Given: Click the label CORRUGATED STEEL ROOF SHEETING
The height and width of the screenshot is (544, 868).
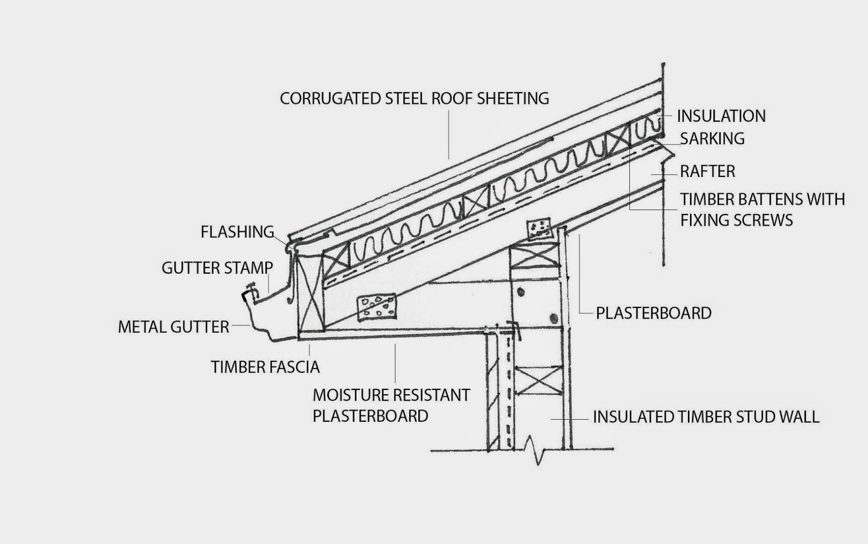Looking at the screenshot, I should pyautogui.click(x=414, y=98).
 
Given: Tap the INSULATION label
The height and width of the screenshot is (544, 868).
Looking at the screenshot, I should pyautogui.click(x=721, y=116).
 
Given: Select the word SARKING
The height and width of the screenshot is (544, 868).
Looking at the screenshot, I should pyautogui.click(x=712, y=139).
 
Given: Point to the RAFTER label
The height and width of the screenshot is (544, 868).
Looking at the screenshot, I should pyautogui.click(x=707, y=172).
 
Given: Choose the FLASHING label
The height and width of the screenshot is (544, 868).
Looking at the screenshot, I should pyautogui.click(x=237, y=232).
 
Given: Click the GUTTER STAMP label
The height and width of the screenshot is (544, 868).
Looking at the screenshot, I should pyautogui.click(x=217, y=268).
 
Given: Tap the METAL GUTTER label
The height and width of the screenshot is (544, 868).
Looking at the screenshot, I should pyautogui.click(x=173, y=327).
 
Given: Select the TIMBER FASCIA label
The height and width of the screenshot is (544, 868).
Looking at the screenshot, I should pyautogui.click(x=265, y=367).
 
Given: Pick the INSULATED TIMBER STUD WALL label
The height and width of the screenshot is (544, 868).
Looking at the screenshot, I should pyautogui.click(x=705, y=417).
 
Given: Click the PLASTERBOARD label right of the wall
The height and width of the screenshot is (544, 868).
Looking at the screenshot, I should pyautogui.click(x=653, y=313).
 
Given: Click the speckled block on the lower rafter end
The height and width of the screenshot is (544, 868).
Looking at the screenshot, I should pyautogui.click(x=376, y=307).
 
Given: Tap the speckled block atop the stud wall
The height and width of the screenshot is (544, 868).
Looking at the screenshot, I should pyautogui.click(x=539, y=230).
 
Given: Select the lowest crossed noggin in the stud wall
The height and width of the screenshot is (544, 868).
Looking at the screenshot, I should pyautogui.click(x=539, y=380).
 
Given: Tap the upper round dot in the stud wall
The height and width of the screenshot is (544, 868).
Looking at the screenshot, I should pyautogui.click(x=521, y=292).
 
